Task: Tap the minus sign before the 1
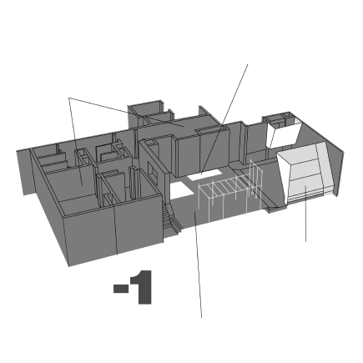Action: click(x=121, y=289)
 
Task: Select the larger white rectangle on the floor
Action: click(x=181, y=189)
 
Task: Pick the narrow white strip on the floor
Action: click(x=204, y=175)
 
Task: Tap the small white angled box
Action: click(x=283, y=134)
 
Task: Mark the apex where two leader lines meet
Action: click(x=69, y=98)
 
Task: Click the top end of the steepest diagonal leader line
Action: click(x=248, y=64)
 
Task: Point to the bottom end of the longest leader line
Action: click(x=201, y=318)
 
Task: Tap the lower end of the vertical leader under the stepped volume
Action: click(x=306, y=241)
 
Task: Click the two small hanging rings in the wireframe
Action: click(x=254, y=193)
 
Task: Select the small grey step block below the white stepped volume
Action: click(x=277, y=209)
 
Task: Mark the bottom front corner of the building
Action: click(x=69, y=266)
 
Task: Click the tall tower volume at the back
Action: click(x=144, y=114)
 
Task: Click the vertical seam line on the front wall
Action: click(x=116, y=229)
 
